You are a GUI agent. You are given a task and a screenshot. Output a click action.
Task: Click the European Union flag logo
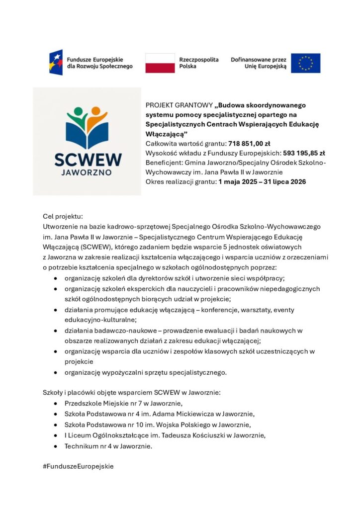pos(305,63)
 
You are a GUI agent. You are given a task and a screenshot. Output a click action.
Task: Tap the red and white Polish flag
pos(160,63)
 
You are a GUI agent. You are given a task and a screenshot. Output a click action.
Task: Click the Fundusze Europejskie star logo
pos(56,63)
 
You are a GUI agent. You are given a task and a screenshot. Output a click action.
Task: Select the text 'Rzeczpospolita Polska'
pos(198,63)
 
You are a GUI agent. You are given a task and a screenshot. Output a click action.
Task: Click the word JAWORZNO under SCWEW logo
pos(88,174)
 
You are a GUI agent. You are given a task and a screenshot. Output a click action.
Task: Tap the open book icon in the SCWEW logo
pos(87,135)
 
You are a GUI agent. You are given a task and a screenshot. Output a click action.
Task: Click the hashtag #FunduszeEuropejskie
pos(79,466)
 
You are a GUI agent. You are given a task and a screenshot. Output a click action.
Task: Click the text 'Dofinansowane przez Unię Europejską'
pos(259,63)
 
